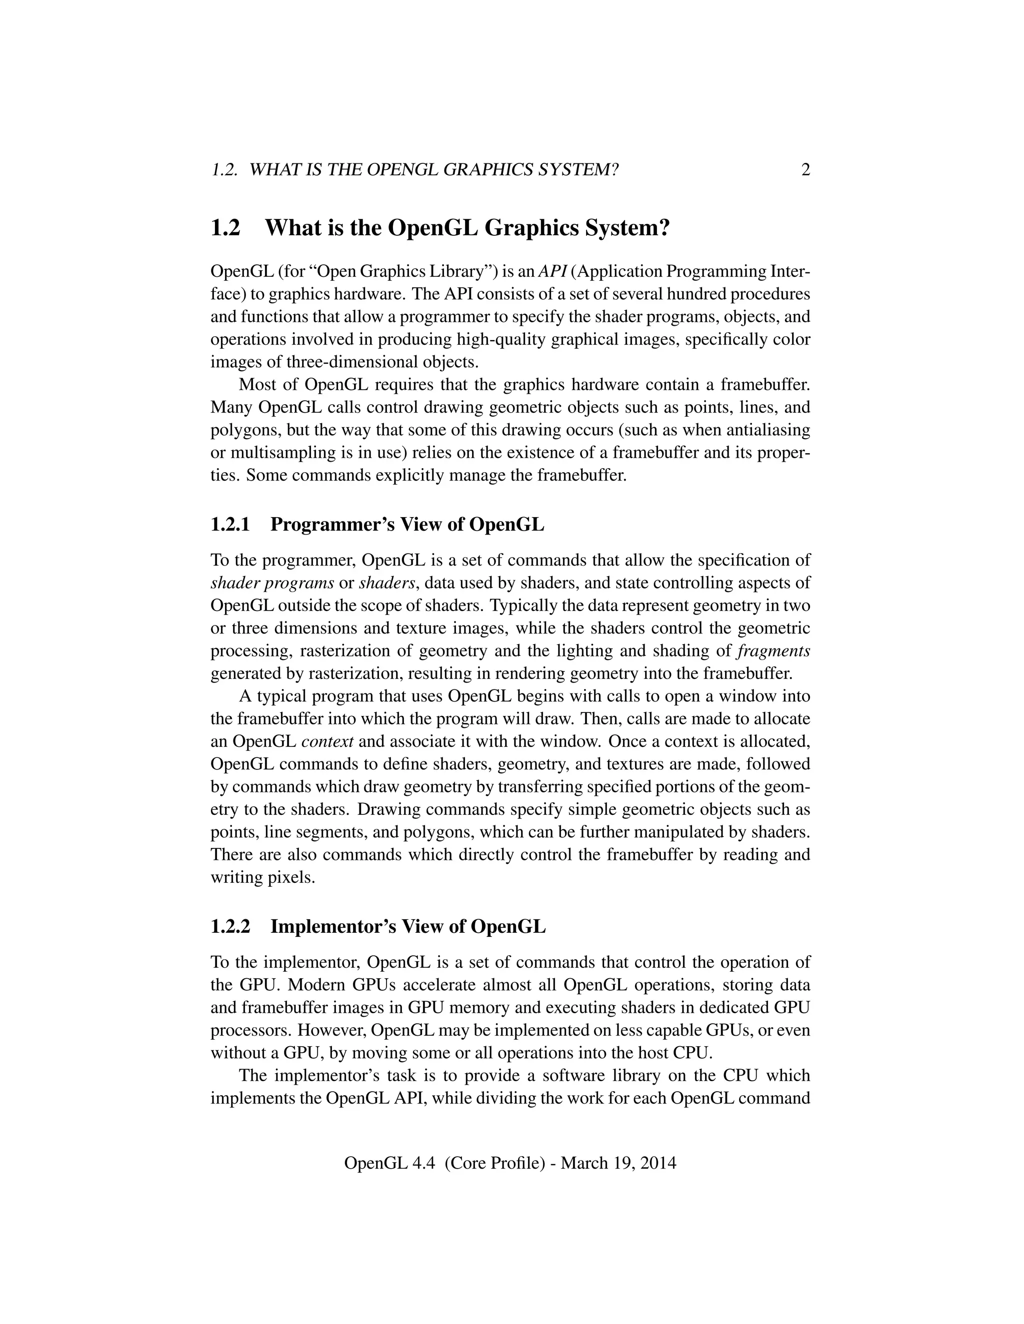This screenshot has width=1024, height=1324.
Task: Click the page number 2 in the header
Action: pos(805,170)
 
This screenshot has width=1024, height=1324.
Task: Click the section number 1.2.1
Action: pos(230,525)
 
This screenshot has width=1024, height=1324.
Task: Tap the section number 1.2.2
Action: pos(230,927)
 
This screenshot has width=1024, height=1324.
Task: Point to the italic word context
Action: pos(327,742)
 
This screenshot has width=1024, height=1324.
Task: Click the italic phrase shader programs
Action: pos(272,583)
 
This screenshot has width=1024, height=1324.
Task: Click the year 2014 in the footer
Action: pos(658,1163)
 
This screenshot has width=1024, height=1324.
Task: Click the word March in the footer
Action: pos(583,1163)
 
